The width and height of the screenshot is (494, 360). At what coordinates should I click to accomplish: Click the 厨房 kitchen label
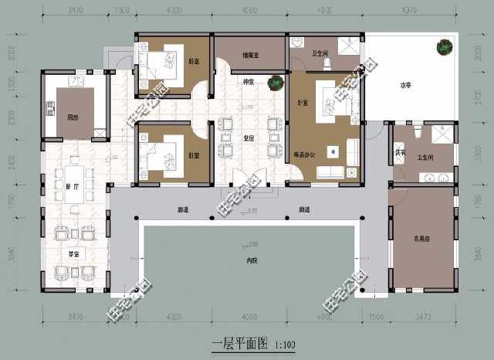coord(72,117)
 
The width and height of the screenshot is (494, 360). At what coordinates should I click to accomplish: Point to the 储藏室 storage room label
coord(250,55)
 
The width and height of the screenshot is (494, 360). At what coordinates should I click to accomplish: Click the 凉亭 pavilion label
coord(404,85)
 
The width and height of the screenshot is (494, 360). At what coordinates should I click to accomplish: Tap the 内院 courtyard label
coord(250,260)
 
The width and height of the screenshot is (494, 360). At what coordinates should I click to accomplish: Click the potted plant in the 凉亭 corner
coord(445,47)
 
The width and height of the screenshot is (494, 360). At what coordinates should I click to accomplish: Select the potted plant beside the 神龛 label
coord(273,81)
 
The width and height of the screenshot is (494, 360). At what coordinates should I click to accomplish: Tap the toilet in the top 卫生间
coord(327,60)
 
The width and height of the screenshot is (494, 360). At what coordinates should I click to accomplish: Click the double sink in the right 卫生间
coord(435,178)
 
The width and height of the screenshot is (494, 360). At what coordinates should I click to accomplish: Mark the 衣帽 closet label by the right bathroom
coord(400,151)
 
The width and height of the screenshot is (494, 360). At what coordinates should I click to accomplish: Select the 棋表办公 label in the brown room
coord(306,155)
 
